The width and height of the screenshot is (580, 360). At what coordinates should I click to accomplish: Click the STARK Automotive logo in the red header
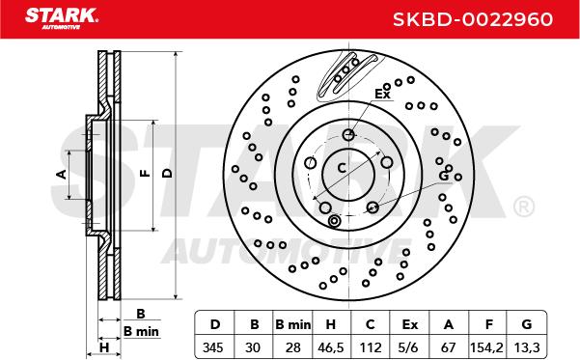[x=62, y=18]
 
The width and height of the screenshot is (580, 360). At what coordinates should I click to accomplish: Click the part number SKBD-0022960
[x=473, y=19]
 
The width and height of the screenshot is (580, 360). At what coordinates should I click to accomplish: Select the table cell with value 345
[x=213, y=347]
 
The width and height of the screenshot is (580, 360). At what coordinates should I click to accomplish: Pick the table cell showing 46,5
[x=331, y=347]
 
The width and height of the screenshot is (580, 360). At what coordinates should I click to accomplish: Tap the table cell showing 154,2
[x=486, y=347]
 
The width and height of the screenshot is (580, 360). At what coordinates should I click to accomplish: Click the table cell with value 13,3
[x=527, y=347]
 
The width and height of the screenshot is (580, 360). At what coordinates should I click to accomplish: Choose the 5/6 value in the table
[x=409, y=347]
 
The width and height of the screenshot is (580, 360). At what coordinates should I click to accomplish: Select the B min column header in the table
[x=293, y=324]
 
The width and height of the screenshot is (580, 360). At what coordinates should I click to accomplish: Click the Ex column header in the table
[x=409, y=324]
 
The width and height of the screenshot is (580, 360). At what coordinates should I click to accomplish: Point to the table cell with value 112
[x=370, y=347]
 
